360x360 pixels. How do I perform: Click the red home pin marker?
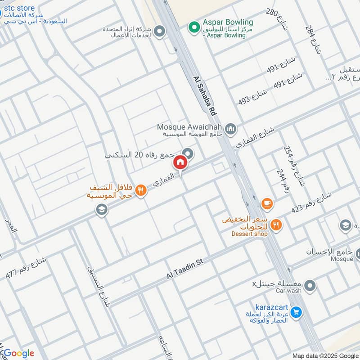pyautogui.click(x=180, y=162)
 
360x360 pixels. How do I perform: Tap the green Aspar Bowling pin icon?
pyautogui.click(x=194, y=28)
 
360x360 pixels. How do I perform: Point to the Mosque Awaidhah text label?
pyautogui.click(x=189, y=127)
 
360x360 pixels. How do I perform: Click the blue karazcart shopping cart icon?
pyautogui.click(x=296, y=311)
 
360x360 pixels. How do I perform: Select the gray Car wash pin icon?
pyautogui.click(x=310, y=285)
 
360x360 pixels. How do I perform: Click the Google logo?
pyautogui.click(x=18, y=353)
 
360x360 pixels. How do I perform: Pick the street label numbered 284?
pyautogui.click(x=314, y=39)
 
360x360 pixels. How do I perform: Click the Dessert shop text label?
pyautogui.click(x=249, y=234)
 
